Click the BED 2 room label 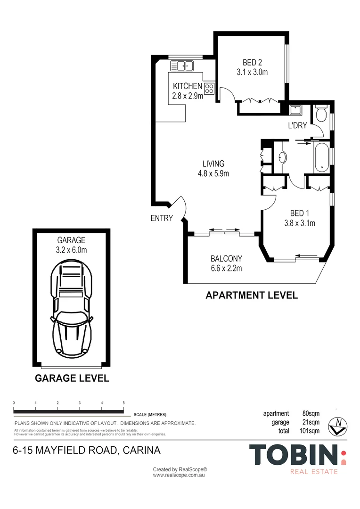pos(252,62)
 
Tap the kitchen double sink pos(182,66)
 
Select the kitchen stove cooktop pos(209,88)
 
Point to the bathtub pos(322,157)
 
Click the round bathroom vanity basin pos(282,158)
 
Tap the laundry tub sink pos(296,110)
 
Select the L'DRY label pos(297,125)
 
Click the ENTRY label pos(162,219)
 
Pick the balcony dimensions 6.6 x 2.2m pos(226,269)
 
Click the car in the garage pos(72,307)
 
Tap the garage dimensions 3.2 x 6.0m pos(72,250)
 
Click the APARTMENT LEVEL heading pos(252,296)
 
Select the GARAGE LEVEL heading pos(72,378)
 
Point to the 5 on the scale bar pos(123,403)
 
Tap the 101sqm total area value pos(310,431)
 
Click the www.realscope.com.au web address pos(179,475)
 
